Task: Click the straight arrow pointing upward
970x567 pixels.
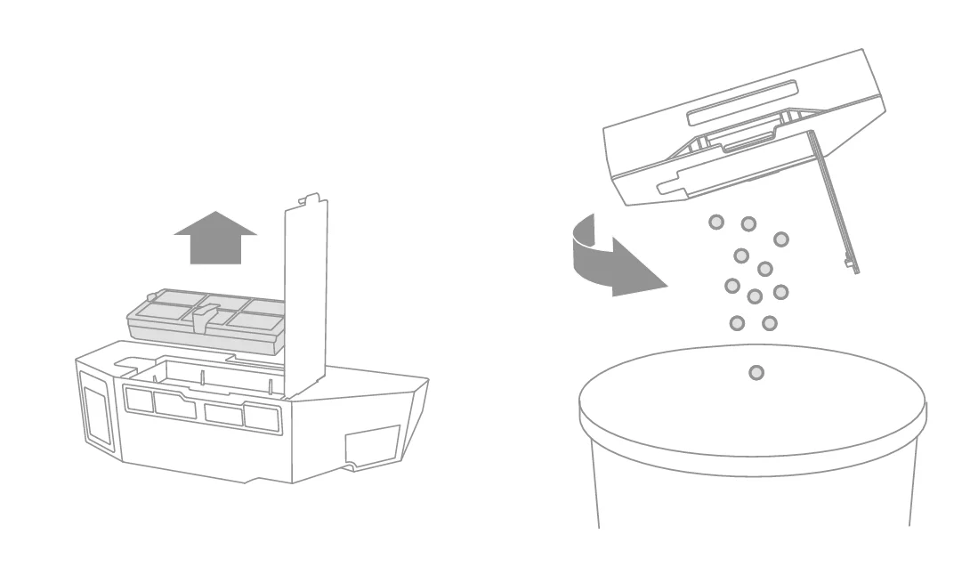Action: point(215,239)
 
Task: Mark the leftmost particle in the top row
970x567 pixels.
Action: point(715,222)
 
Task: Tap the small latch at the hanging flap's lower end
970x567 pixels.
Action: point(850,264)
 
